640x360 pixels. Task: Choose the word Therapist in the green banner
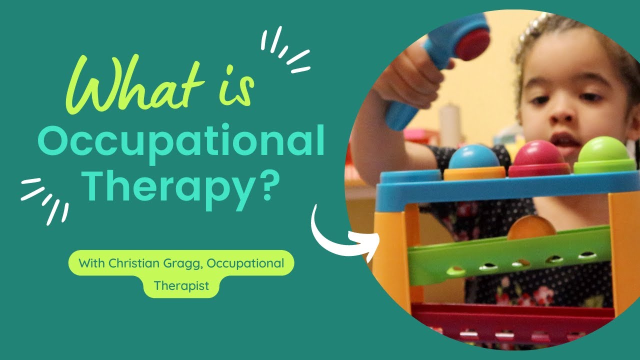(181, 285)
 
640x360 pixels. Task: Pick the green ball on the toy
(605, 150)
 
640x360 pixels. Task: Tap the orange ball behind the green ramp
(531, 227)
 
